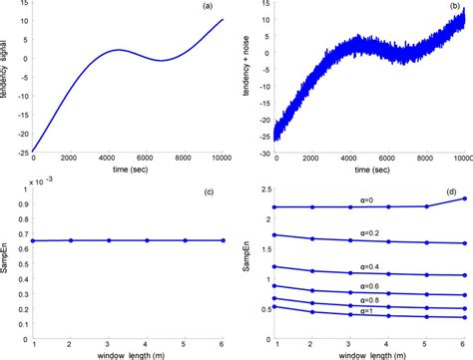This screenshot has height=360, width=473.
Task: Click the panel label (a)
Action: pyautogui.click(x=205, y=9)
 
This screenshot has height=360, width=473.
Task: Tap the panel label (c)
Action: pyautogui.click(x=205, y=191)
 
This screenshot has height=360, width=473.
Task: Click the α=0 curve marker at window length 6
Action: pyautogui.click(x=462, y=197)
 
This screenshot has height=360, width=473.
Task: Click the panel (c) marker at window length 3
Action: pyautogui.click(x=110, y=240)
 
